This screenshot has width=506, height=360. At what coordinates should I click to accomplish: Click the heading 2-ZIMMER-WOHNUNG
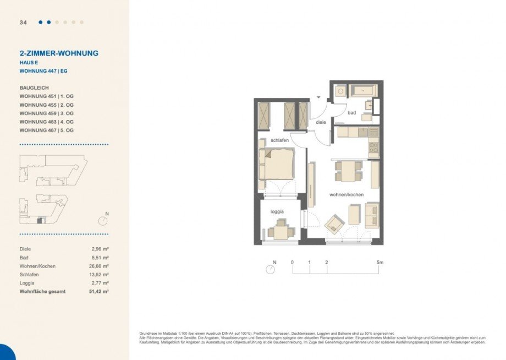pyautogui.click(x=59, y=53)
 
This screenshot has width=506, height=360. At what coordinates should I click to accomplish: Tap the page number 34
pyautogui.click(x=23, y=23)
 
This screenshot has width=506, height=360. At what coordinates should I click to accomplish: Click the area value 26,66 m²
pyautogui.click(x=100, y=266)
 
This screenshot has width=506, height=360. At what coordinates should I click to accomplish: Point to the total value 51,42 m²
pyautogui.click(x=100, y=291)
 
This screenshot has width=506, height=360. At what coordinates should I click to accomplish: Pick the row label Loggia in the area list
pyautogui.click(x=27, y=283)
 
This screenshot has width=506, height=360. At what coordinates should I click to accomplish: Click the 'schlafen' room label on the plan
pyautogui.click(x=279, y=141)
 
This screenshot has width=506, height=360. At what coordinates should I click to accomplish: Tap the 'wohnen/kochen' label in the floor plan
pyautogui.click(x=346, y=195)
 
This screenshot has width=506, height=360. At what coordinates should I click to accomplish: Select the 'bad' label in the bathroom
pyautogui.click(x=352, y=113)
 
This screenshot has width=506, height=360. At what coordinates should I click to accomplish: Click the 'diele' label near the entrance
pyautogui.click(x=321, y=122)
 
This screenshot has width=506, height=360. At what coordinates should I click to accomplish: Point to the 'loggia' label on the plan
pyautogui.click(x=277, y=211)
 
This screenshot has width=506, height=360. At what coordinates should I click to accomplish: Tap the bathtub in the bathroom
pyautogui.click(x=363, y=90)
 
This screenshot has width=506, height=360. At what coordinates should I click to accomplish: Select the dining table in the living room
pyautogui.click(x=349, y=171)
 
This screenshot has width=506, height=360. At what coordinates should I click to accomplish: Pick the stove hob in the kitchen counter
pyautogui.click(x=373, y=148)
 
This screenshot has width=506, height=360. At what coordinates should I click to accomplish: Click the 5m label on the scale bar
pyautogui.click(x=380, y=263)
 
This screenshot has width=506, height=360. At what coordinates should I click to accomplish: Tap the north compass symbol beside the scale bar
pyautogui.click(x=270, y=269)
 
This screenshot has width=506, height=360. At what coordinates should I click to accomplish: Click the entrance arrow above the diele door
pyautogui.click(x=318, y=97)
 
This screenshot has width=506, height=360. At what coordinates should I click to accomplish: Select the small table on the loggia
pyautogui.click(x=280, y=231)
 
